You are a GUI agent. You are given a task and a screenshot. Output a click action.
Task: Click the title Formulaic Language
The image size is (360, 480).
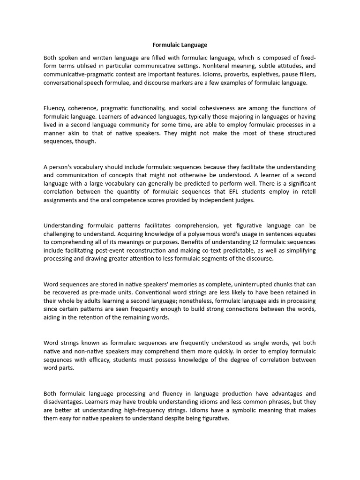click(180, 45)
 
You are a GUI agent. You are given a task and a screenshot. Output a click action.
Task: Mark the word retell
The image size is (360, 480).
click(307, 193)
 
